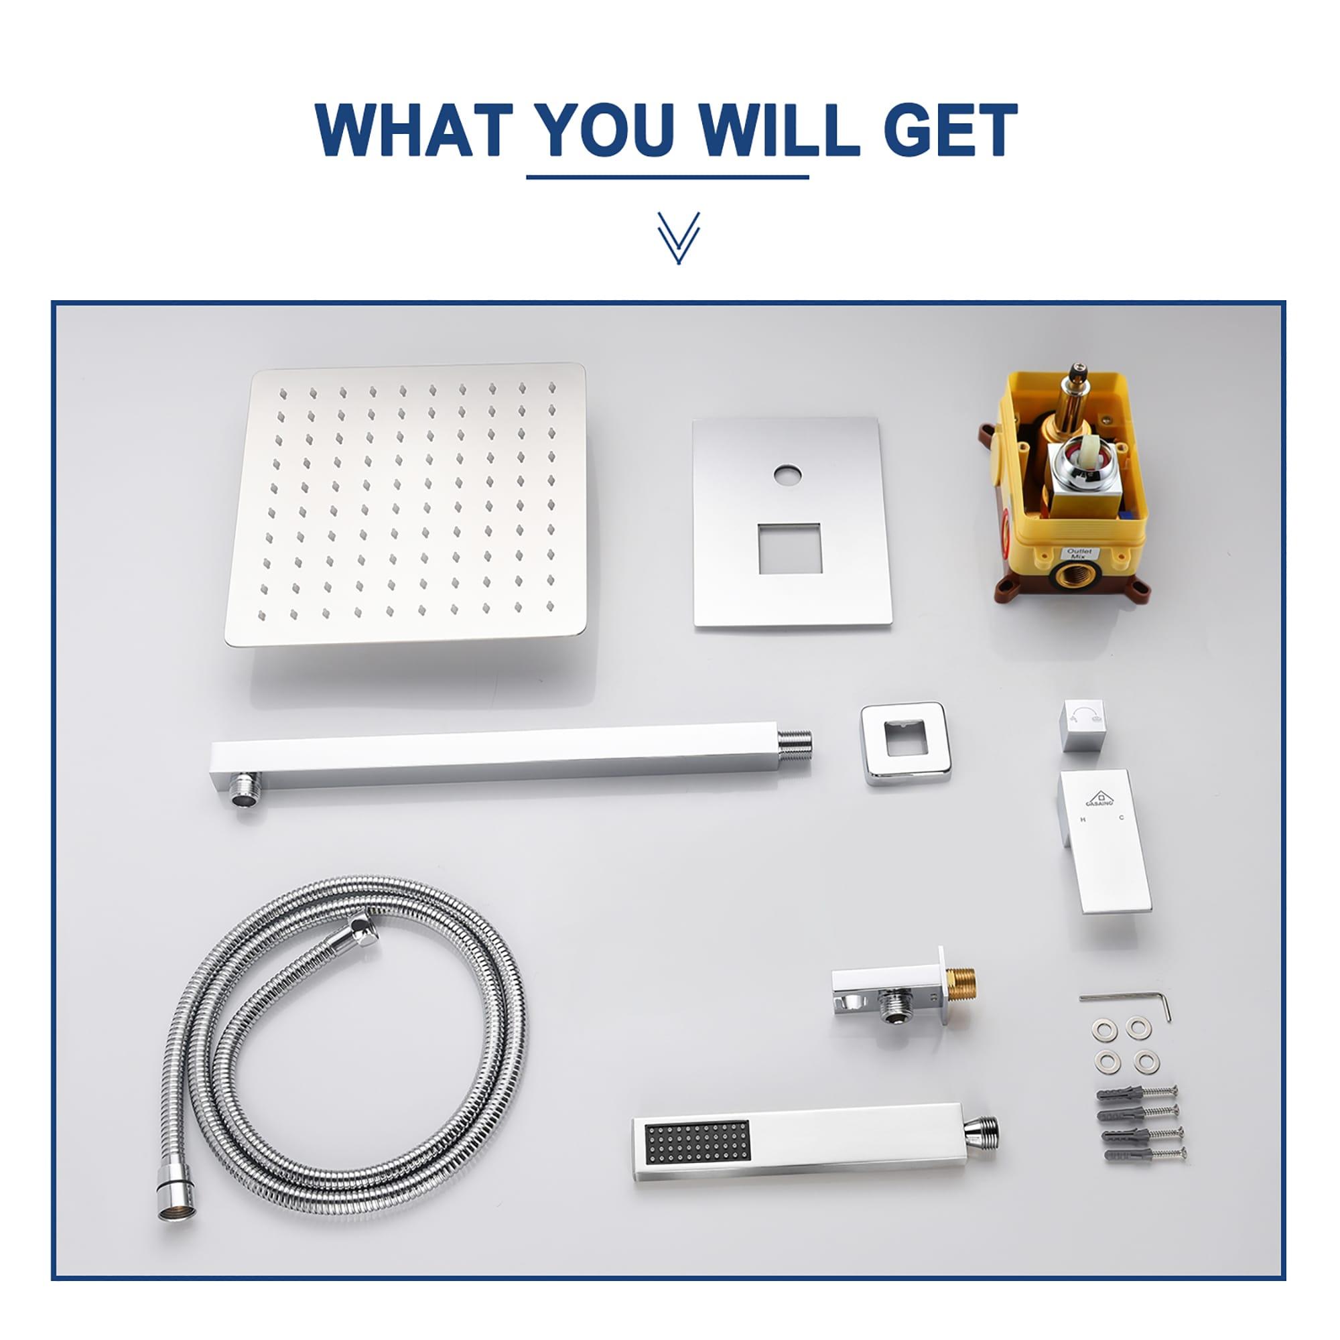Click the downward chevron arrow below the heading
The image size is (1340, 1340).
click(678, 238)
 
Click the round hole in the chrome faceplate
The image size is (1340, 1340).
click(789, 476)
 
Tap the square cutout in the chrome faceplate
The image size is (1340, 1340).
click(790, 549)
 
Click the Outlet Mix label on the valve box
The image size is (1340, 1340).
click(1079, 553)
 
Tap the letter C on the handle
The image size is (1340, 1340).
click(1121, 819)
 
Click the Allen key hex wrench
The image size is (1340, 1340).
click(1127, 1002)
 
